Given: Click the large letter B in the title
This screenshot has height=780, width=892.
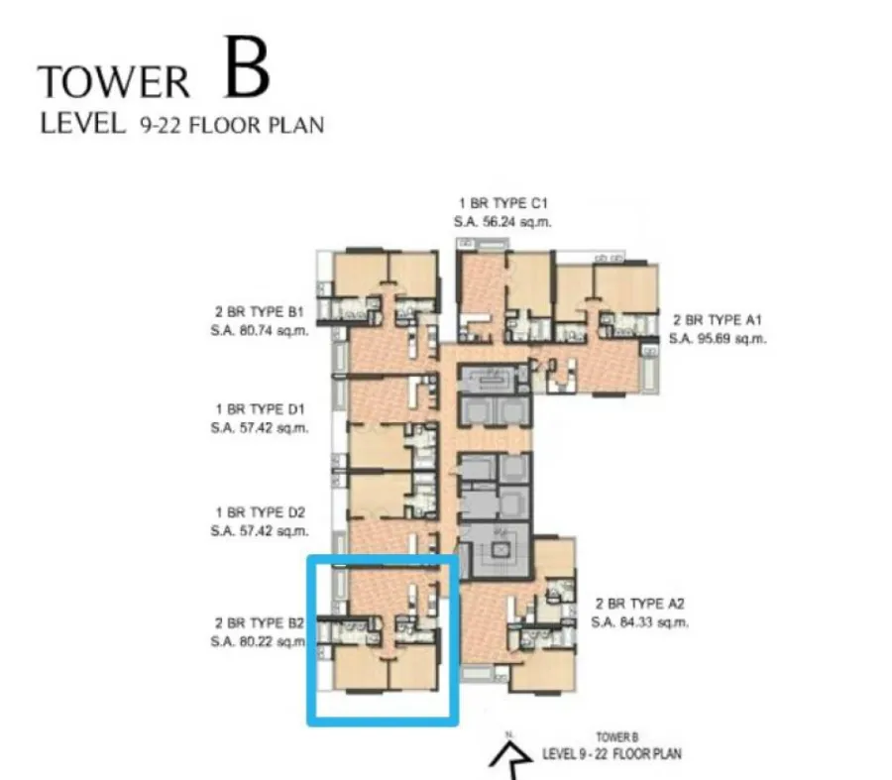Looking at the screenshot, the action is point(247,67).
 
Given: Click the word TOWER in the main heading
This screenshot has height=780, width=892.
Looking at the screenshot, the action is point(114,82).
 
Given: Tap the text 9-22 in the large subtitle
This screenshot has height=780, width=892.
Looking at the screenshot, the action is point(161,125).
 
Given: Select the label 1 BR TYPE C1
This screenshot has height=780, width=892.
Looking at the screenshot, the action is point(502,204).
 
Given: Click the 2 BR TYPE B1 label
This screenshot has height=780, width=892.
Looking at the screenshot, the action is point(260,312).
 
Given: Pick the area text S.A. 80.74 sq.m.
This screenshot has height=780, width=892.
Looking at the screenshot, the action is point(260,331).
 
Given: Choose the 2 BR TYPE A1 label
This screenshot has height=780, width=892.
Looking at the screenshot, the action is point(718,320).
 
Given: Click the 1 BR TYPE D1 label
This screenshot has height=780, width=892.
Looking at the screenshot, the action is point(261,409).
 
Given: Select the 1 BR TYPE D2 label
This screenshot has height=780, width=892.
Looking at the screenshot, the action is point(261,512).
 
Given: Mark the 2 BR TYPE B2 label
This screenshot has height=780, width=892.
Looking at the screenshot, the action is point(260,623).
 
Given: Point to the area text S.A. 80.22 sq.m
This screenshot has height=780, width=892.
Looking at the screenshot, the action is point(259,642).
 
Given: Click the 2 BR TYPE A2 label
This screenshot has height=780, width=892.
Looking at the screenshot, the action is point(640,604).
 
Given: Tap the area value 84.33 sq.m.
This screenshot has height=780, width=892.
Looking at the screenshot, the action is point(654,622).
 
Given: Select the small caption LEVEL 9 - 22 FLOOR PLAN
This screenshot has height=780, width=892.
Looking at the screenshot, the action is point(612,754).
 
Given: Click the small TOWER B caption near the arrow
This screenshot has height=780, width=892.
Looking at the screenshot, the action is point(617,738).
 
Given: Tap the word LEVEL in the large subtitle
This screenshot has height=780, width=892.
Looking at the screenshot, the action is point(83,124).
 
